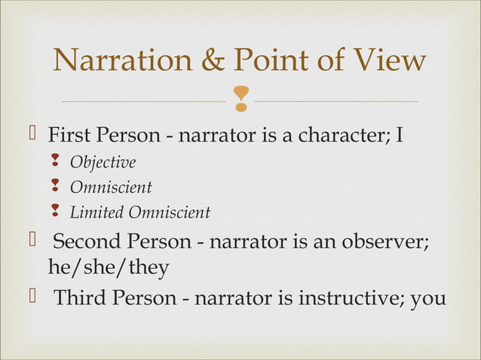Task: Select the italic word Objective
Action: (x=103, y=163)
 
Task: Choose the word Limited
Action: (x=97, y=213)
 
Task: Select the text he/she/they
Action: (x=109, y=268)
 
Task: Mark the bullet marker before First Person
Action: (x=32, y=136)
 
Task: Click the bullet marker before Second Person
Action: (x=32, y=243)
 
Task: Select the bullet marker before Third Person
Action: (x=32, y=297)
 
